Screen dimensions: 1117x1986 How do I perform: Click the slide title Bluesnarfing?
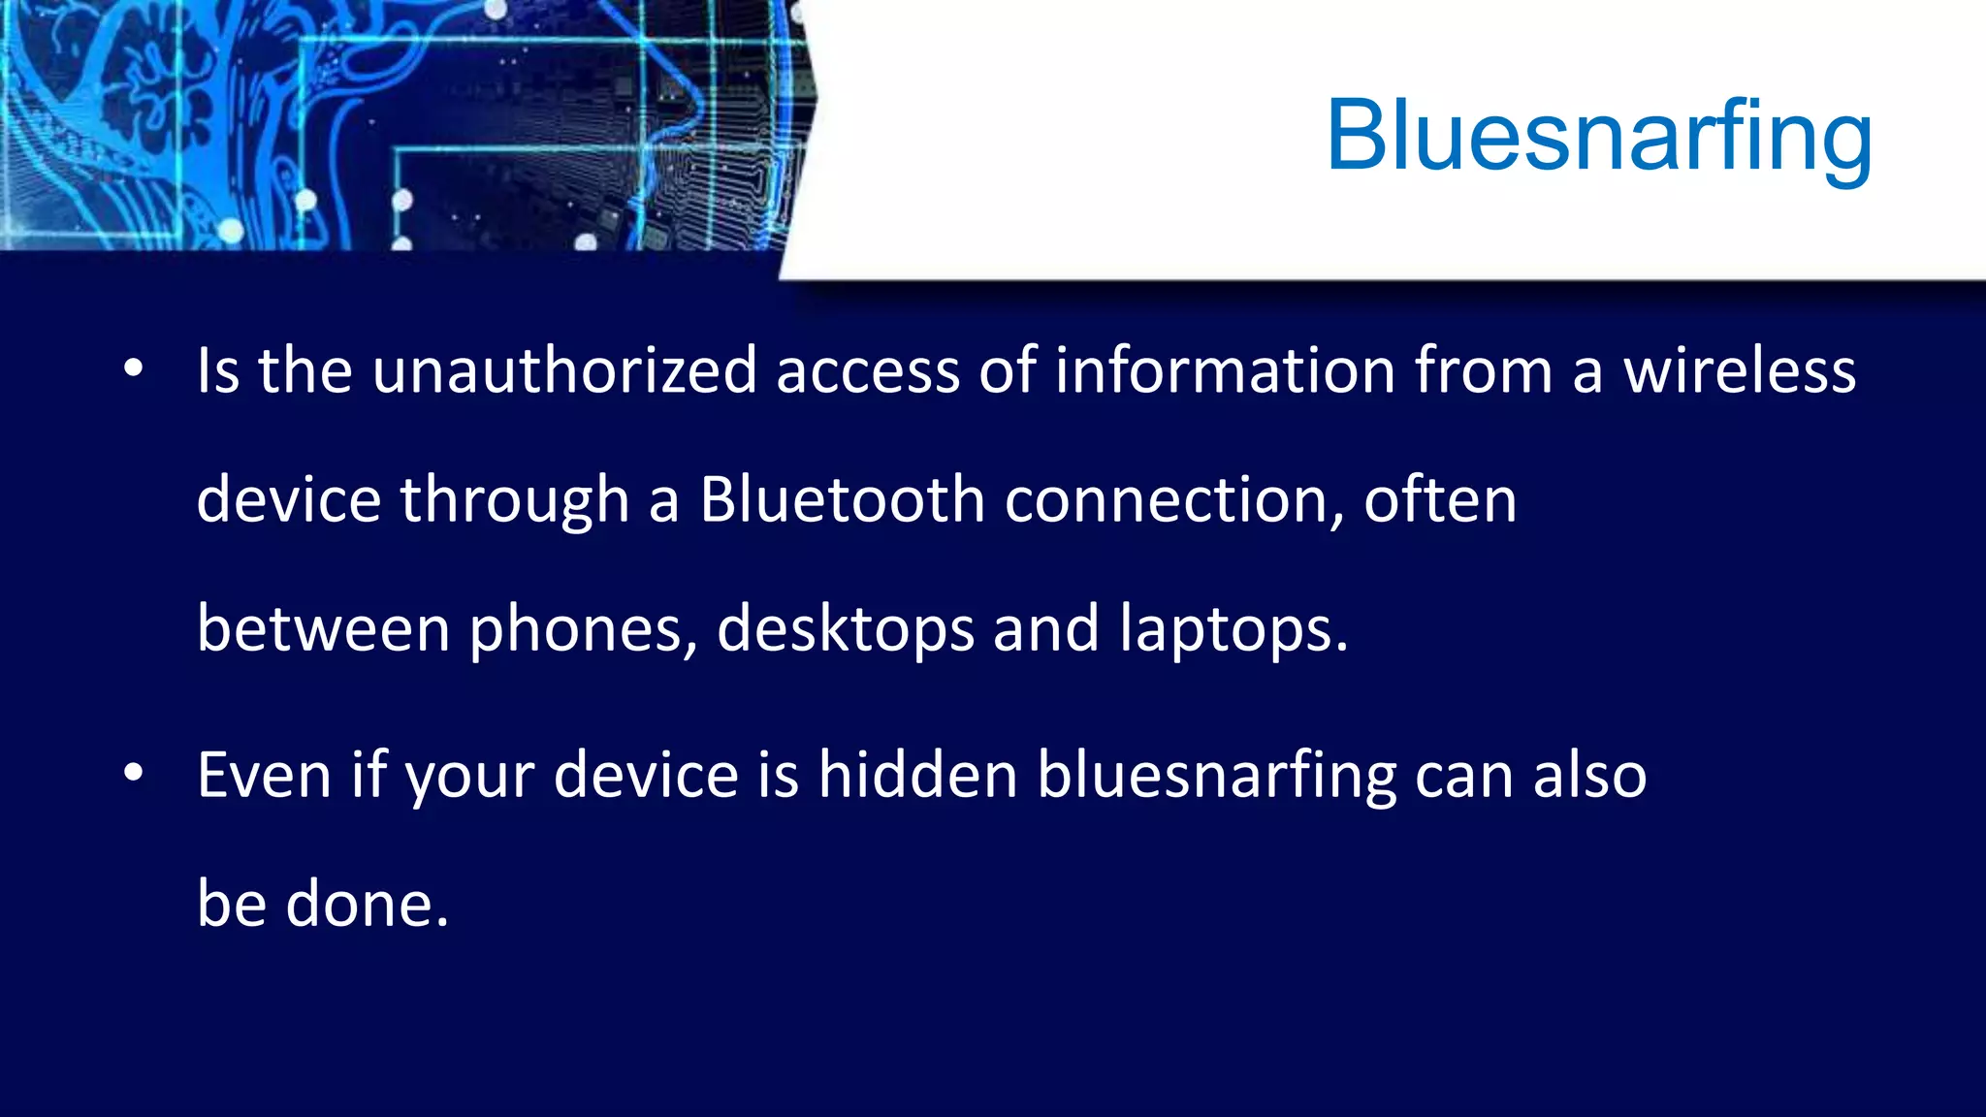click(1598, 137)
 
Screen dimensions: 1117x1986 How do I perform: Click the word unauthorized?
click(564, 370)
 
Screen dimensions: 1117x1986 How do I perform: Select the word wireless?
click(1740, 370)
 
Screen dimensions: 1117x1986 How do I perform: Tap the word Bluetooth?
click(842, 500)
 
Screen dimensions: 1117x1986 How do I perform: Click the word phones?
click(583, 629)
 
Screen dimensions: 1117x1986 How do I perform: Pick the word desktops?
click(845, 629)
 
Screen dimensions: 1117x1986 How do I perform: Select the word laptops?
click(1233, 629)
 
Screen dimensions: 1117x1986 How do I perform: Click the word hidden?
click(917, 776)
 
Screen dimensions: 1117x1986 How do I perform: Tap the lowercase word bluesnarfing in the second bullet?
click(1216, 776)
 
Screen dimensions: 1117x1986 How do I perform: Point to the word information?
click(1225, 370)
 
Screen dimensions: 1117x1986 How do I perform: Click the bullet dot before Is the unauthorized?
click(134, 368)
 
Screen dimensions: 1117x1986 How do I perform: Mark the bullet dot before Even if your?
click(134, 773)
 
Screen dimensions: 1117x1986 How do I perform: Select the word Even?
click(264, 776)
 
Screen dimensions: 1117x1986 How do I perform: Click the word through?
click(514, 500)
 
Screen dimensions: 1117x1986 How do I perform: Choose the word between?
click(323, 629)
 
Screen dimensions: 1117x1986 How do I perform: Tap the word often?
click(1440, 500)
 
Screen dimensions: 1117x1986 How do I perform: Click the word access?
click(867, 370)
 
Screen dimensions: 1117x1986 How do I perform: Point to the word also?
click(1589, 776)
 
